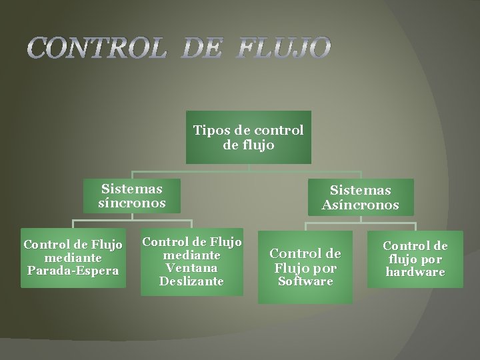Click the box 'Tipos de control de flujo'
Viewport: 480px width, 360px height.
pyautogui.click(x=248, y=137)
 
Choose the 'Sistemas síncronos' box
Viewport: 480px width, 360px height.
pyautogui.click(x=131, y=195)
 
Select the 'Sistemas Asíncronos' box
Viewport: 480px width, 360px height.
pyautogui.click(x=360, y=197)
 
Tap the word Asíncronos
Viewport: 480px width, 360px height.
pyautogui.click(x=360, y=205)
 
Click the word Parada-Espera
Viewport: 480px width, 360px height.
pyautogui.click(x=73, y=271)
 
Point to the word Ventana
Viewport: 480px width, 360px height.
pyautogui.click(x=192, y=268)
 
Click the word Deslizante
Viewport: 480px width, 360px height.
pyautogui.click(x=192, y=281)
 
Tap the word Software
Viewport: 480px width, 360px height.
pyautogui.click(x=305, y=282)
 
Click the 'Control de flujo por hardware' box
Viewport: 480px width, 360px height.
pyautogui.click(x=415, y=259)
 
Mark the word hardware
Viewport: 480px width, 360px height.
pyautogui.click(x=415, y=272)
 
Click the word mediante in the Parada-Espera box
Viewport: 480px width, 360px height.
pyautogui.click(x=73, y=258)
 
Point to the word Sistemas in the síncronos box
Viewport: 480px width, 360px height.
pyautogui.click(x=131, y=189)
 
